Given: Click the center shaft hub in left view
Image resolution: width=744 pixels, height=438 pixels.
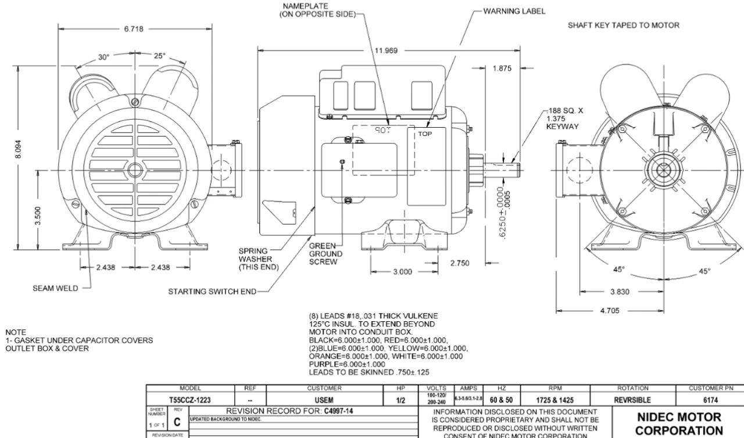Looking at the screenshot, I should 135,170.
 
